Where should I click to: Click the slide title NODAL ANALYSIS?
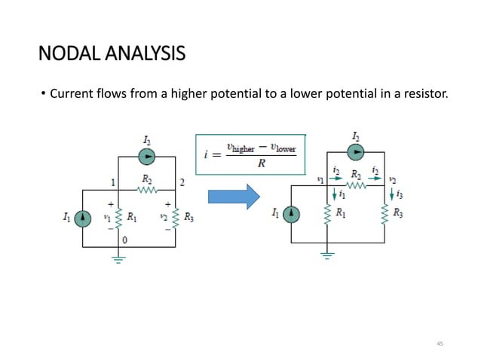click(x=111, y=54)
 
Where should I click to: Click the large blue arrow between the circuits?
click(x=233, y=197)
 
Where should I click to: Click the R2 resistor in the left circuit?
click(x=147, y=190)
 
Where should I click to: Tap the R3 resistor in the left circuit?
click(x=175, y=218)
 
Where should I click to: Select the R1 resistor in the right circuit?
click(x=327, y=215)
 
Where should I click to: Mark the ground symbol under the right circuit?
click(x=327, y=255)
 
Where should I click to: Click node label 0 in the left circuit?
click(x=125, y=239)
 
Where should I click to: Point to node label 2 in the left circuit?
click(x=182, y=183)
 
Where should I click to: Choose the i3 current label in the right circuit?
click(x=397, y=194)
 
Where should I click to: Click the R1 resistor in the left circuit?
click(x=119, y=218)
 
